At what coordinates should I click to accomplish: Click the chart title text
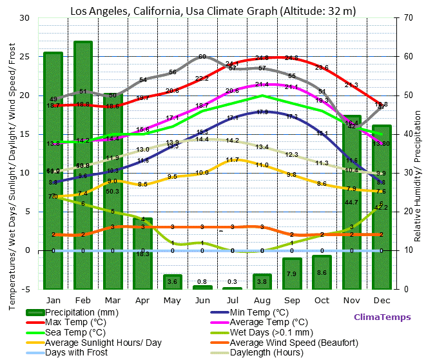pos(213,10)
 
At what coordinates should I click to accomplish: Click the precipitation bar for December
pos(382,206)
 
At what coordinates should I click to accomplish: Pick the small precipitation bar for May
pos(173,281)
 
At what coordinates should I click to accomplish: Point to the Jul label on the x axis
pos(232,300)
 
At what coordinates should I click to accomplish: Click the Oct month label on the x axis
pos(322,300)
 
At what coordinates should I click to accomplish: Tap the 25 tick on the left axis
pos(24,57)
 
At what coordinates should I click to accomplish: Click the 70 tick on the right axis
pos(409,18)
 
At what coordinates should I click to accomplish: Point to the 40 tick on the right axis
pos(409,134)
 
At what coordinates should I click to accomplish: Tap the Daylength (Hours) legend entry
pos(266,353)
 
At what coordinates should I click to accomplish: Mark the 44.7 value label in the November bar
pos(351,202)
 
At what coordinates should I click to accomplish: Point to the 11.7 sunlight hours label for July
pos(233,159)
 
